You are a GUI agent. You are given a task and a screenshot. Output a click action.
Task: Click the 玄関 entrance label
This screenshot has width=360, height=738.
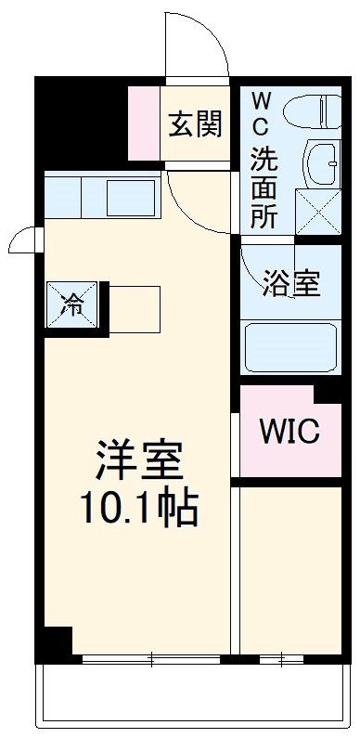(x=195, y=124)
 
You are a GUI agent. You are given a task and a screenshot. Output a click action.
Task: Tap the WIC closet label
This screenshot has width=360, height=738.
(x=289, y=430)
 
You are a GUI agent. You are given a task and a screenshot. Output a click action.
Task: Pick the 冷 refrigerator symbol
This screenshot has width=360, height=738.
(x=71, y=304)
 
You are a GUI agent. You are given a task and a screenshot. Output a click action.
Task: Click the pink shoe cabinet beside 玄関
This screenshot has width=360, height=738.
(x=144, y=121)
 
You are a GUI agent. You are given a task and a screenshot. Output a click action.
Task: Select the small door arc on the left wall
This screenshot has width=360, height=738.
(x=20, y=242)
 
